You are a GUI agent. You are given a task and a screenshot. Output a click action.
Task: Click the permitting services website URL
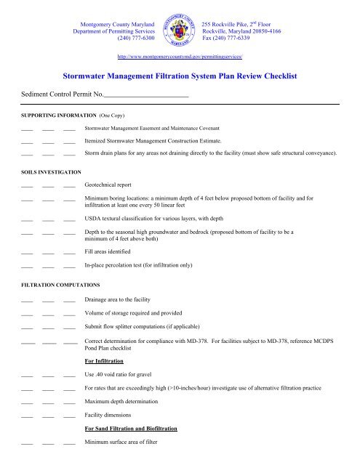pos(180,55)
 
